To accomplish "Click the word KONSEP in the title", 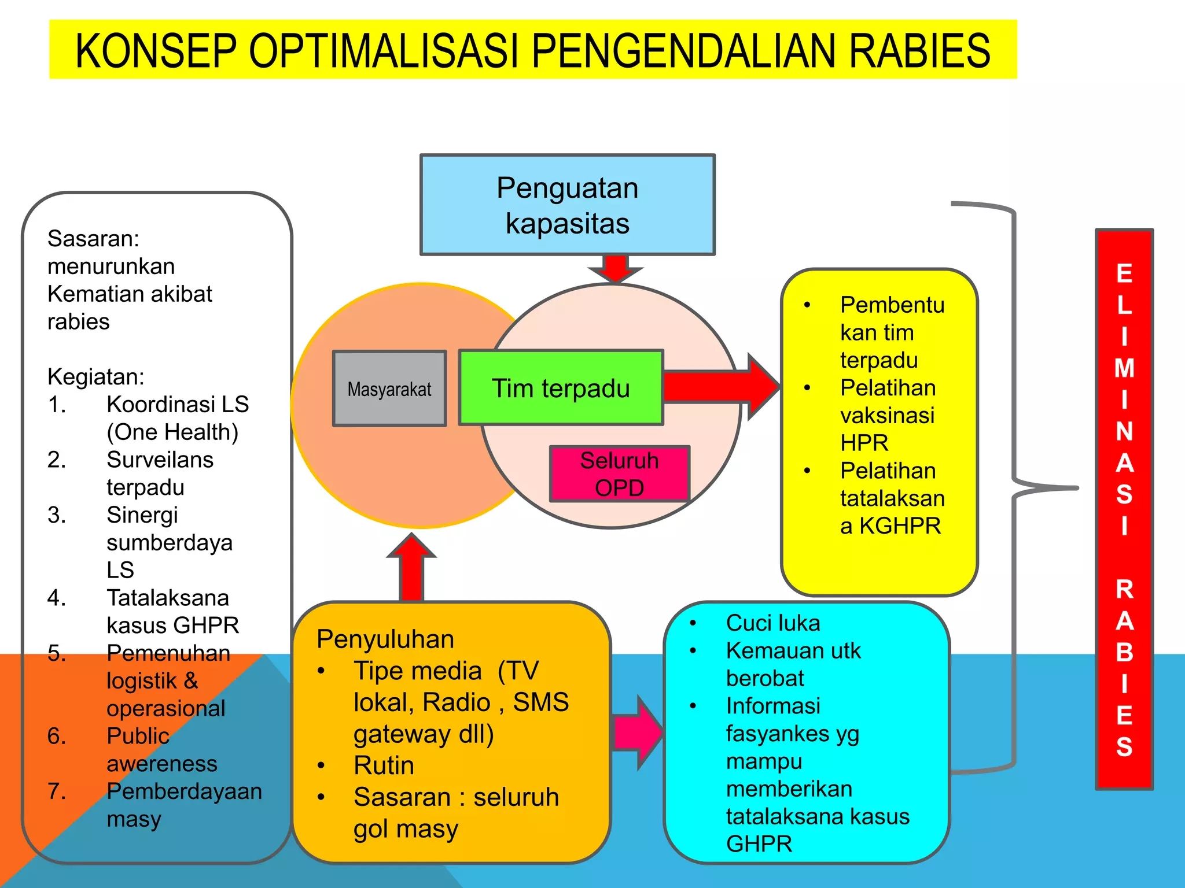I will tap(156, 51).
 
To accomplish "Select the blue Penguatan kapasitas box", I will tap(567, 205).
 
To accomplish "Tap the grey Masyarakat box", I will tap(389, 389).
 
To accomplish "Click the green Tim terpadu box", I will tap(560, 388).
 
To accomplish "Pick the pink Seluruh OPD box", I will tap(619, 474).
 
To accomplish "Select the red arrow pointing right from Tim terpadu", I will tap(723, 386).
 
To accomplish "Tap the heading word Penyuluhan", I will tap(385, 639).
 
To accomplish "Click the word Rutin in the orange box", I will tap(384, 765).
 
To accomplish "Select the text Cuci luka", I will tap(773, 623).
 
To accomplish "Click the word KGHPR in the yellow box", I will tap(900, 526).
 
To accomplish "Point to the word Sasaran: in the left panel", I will tap(93, 239).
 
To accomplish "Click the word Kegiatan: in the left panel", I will tap(96, 377).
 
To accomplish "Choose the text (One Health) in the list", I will tap(172, 432).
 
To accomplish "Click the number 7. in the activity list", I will tap(57, 791).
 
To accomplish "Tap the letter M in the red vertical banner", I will tap(1124, 369).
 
